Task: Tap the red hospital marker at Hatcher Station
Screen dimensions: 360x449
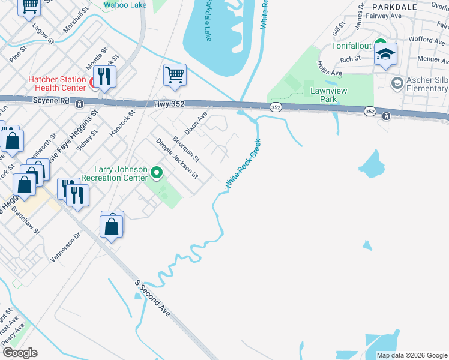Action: point(94,83)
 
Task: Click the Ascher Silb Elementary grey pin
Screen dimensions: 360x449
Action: point(396,83)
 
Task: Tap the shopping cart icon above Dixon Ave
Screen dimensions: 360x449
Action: point(175,76)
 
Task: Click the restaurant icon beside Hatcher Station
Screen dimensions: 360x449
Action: point(106,76)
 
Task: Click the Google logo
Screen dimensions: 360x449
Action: point(20,353)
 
